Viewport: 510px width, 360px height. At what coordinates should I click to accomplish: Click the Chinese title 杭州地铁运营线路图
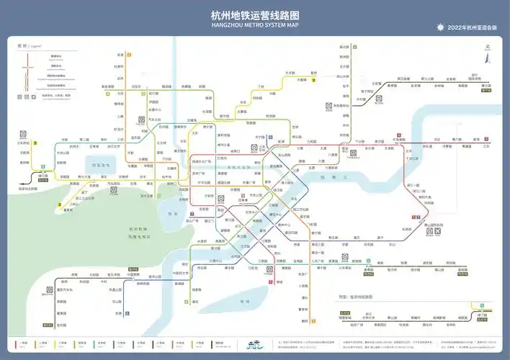pyautogui.click(x=255, y=15)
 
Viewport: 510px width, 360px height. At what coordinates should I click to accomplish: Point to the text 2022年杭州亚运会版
pyautogui.click(x=473, y=27)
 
